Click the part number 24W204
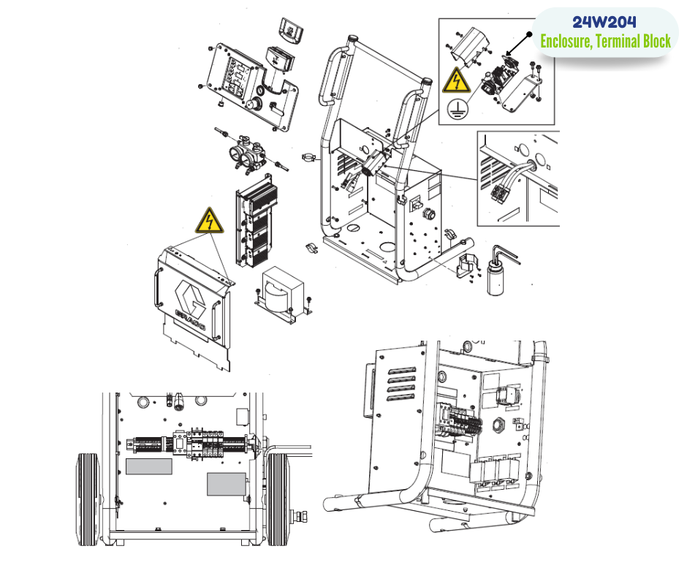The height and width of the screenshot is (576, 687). (x=604, y=22)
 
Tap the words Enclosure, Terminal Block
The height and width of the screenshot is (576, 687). (x=605, y=41)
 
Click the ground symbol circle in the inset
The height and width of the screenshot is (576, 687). (x=458, y=108)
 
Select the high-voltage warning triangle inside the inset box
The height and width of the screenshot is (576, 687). (x=457, y=80)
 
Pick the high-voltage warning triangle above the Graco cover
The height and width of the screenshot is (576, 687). (x=210, y=221)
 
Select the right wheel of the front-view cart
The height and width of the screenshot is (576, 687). (x=278, y=499)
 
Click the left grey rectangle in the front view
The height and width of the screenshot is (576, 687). (x=148, y=466)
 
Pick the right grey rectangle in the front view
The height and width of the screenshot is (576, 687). (x=226, y=485)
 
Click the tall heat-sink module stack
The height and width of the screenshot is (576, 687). (x=257, y=221)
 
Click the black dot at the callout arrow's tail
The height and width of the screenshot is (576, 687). (x=529, y=34)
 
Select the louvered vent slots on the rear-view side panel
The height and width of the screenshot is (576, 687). (x=401, y=384)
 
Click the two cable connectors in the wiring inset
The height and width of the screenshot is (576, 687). (x=501, y=193)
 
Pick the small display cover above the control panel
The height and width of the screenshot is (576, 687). (x=292, y=30)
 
